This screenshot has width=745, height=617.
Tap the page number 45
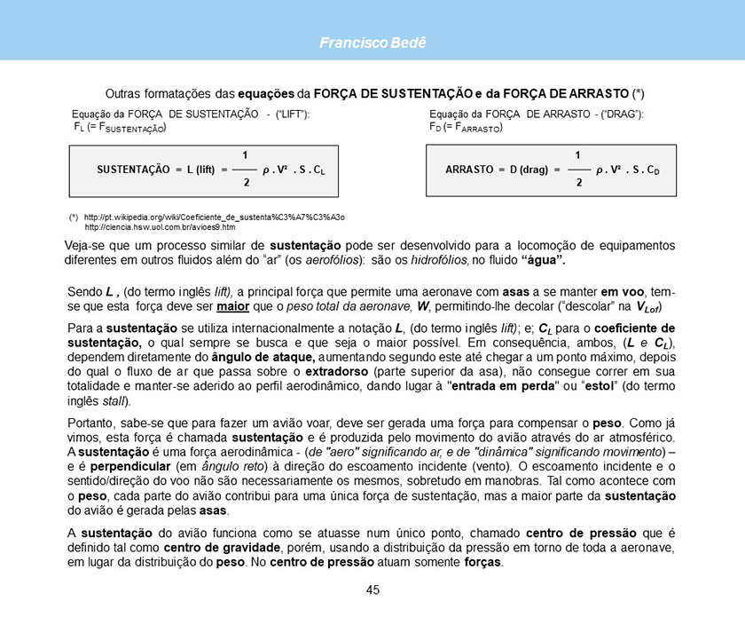(372, 590)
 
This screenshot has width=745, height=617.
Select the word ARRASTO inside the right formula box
(469, 169)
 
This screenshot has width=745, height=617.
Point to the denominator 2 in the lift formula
(246, 182)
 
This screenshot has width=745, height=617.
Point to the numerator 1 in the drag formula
(578, 155)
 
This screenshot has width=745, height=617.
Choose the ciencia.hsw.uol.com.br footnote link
(159, 227)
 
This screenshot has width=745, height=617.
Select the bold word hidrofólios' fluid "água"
(540, 261)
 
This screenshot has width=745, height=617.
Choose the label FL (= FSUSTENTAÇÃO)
(120, 129)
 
